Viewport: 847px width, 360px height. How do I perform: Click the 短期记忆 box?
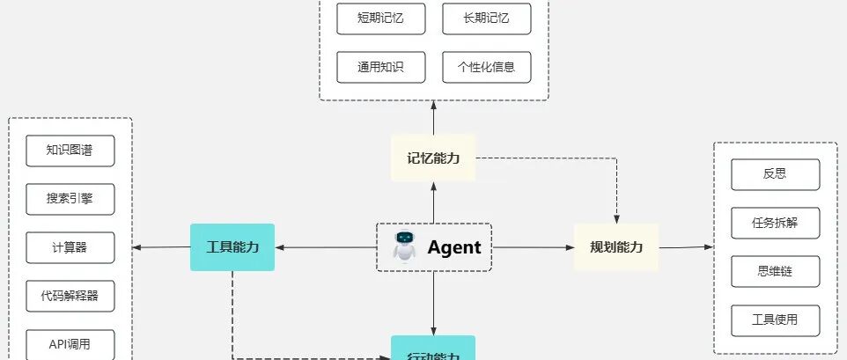point(380,18)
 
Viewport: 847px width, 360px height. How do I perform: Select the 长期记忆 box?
point(487,18)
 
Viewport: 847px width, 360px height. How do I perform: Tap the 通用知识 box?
point(380,67)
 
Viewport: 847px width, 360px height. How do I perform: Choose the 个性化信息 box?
point(487,67)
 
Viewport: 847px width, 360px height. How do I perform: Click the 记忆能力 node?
point(433,158)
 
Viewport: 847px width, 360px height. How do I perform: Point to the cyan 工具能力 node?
point(232,247)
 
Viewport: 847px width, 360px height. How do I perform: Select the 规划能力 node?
point(616,247)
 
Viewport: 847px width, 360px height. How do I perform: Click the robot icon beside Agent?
point(404,246)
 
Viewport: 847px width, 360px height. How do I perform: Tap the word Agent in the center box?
point(454,247)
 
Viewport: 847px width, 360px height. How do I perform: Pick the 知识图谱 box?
point(70,151)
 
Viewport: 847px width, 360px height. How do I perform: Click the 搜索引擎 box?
point(70,199)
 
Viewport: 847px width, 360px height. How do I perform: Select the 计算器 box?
point(70,247)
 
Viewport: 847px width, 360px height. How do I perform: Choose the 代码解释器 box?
point(70,296)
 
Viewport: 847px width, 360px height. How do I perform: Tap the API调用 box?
point(70,344)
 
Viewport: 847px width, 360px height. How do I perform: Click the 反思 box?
point(775,174)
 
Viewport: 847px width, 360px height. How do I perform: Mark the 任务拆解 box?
point(775,223)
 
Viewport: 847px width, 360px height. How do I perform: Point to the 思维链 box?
point(775,271)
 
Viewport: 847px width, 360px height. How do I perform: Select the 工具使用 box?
point(775,320)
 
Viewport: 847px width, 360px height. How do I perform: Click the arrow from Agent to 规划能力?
point(533,247)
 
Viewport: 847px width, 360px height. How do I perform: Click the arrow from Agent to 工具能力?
point(326,247)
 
